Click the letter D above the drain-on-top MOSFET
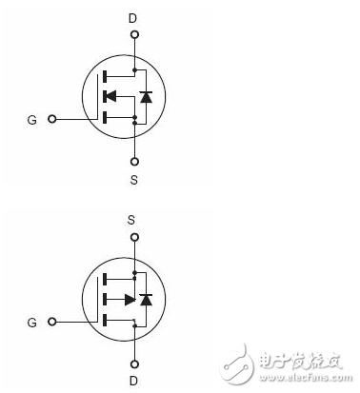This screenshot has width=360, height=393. pyautogui.click(x=134, y=16)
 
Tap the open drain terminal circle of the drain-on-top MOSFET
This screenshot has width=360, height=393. pyautogui.click(x=134, y=35)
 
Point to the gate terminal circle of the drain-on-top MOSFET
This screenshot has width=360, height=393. pyautogui.click(x=53, y=120)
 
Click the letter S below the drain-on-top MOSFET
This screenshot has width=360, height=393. pyautogui.click(x=134, y=177)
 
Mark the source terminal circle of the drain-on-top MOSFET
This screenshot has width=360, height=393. pyautogui.click(x=134, y=158)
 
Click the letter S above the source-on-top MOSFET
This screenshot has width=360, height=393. pyautogui.click(x=134, y=219)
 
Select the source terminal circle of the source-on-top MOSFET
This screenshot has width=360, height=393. pyautogui.click(x=134, y=238)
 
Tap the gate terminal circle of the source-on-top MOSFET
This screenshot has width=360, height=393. pyautogui.click(x=53, y=324)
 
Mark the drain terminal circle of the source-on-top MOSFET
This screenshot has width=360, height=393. pyautogui.click(x=134, y=362)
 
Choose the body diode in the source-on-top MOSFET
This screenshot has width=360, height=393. pyautogui.click(x=145, y=300)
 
